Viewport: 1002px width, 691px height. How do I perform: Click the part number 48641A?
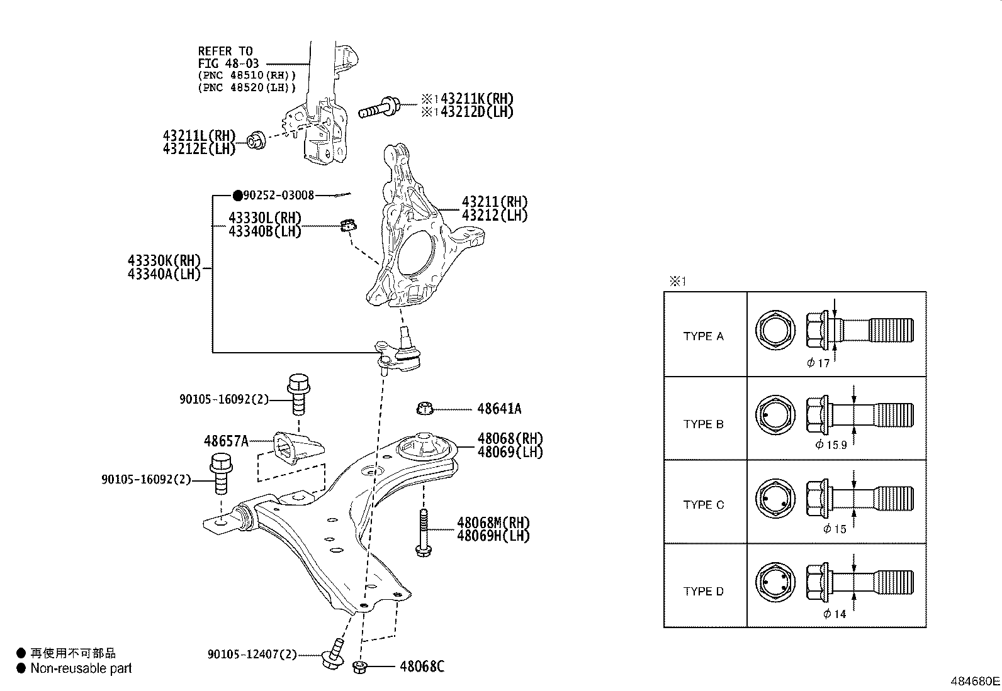point(498,409)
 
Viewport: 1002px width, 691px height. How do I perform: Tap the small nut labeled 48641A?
point(425,409)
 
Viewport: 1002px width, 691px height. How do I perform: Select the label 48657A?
point(226,441)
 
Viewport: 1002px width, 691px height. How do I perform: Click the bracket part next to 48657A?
point(296,448)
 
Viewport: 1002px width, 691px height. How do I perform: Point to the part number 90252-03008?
point(278,196)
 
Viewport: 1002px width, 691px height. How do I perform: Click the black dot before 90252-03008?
point(237,196)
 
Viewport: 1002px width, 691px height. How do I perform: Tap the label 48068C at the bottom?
point(422,666)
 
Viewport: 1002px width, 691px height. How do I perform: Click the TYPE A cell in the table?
point(704,336)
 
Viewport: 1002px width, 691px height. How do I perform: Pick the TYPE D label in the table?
point(704,592)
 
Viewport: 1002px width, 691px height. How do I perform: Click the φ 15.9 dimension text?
point(831,445)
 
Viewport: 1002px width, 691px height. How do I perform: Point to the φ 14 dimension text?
point(835,614)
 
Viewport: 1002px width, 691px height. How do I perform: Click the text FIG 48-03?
point(228,64)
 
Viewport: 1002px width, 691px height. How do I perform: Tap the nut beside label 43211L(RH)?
point(256,140)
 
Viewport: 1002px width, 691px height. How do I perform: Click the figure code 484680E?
point(974,681)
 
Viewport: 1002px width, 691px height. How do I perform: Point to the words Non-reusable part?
point(81,668)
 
